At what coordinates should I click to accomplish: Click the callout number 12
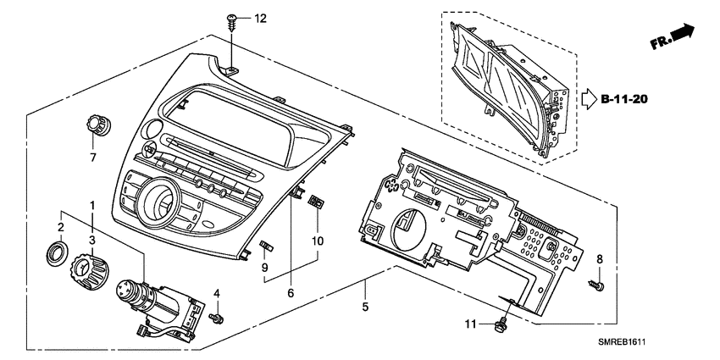[x=260, y=19]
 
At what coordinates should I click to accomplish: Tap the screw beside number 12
[x=231, y=21]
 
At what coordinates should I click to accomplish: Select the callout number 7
[x=93, y=158]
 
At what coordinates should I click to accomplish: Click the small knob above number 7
[x=98, y=125]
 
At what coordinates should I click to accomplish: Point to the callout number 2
[x=61, y=227]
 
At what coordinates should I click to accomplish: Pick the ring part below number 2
[x=58, y=252]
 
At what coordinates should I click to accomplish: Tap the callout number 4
[x=216, y=293]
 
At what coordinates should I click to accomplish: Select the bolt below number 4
[x=216, y=318]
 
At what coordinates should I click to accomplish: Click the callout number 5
[x=365, y=307]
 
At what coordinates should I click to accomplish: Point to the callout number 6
[x=291, y=292]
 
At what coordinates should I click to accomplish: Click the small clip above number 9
[x=267, y=246]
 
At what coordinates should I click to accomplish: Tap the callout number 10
[x=318, y=241]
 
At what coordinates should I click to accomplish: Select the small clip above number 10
[x=315, y=201]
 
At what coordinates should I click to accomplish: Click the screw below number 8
[x=596, y=285]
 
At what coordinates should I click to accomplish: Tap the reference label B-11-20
[x=624, y=99]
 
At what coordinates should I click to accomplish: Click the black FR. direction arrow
[x=683, y=32]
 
